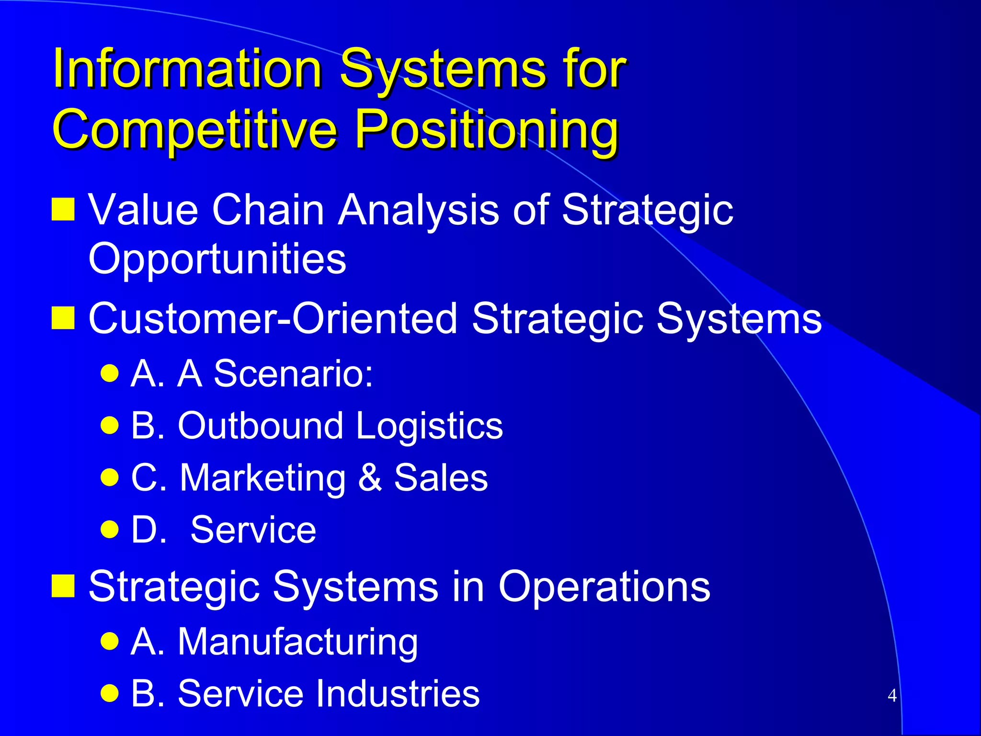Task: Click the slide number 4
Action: coord(892,695)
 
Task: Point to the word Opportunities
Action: coord(217,259)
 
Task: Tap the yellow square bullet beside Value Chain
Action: coord(63,209)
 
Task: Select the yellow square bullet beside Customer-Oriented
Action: coord(63,318)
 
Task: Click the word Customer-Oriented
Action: coord(273,319)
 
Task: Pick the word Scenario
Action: coord(293,373)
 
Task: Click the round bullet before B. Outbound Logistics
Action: coord(110,425)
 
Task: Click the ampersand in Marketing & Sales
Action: coord(370,477)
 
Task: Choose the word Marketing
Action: coord(262,478)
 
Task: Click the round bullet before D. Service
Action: coord(110,529)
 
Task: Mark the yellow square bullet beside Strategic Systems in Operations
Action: coord(63,586)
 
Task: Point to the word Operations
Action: coord(604,587)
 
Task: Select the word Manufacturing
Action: coord(297,642)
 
